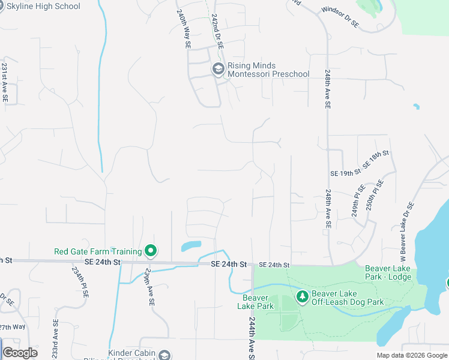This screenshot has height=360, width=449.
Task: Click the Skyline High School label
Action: [43, 6]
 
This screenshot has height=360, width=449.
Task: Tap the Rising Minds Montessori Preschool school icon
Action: [218, 70]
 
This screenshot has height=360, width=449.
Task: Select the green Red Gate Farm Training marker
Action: [151, 251]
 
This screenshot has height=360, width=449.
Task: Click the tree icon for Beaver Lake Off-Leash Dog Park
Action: [303, 296]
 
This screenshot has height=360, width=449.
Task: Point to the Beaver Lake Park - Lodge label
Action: [388, 273]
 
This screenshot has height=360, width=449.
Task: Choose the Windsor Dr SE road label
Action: [340, 17]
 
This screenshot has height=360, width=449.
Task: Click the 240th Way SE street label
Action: [184, 28]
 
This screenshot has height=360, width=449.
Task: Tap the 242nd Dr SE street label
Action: [217, 28]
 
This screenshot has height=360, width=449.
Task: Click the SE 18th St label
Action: [376, 160]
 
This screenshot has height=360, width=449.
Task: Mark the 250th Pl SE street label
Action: [375, 194]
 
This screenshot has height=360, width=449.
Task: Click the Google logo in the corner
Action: [20, 353]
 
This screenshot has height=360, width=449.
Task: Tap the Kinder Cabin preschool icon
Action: [163, 356]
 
